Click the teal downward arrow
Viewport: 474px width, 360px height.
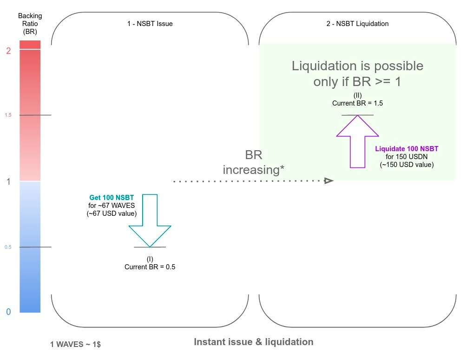[x=150, y=219]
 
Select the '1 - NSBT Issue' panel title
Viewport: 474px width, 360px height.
[x=150, y=24]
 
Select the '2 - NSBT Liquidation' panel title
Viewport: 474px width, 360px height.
[x=357, y=24]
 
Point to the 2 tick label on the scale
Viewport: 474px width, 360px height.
[x=8, y=51]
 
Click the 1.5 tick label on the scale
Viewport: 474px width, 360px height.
[x=8, y=115]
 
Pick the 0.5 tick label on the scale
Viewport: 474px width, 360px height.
[x=8, y=247]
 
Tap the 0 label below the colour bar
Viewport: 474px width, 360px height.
[x=8, y=312]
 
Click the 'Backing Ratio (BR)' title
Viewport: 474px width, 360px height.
[x=30, y=24]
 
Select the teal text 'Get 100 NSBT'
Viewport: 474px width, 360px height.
[x=112, y=198]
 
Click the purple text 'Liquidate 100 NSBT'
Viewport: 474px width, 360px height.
[x=407, y=149]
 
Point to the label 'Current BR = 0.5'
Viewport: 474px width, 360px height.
[x=150, y=267]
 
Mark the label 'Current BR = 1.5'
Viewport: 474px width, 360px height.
[x=357, y=103]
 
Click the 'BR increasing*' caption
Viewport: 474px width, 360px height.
[x=253, y=163]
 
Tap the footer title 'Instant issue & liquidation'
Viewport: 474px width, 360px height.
[x=253, y=342]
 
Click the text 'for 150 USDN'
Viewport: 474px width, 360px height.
[x=407, y=157]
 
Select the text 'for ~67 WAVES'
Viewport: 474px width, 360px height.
[x=112, y=206]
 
